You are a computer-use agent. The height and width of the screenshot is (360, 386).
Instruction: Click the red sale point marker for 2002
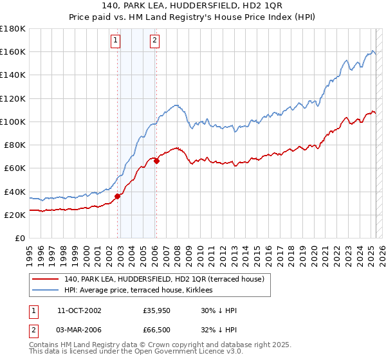pyautogui.click(x=118, y=196)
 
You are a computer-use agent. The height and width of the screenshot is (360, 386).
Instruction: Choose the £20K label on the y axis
pyautogui.click(x=14, y=215)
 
